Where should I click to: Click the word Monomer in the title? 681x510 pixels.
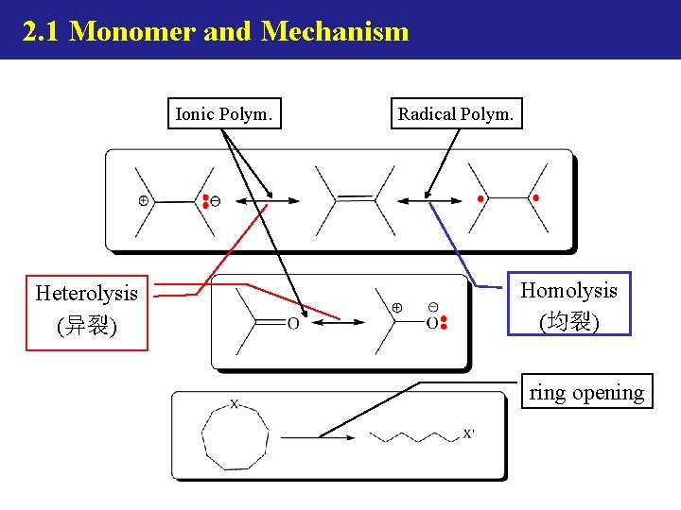pyautogui.click(x=131, y=31)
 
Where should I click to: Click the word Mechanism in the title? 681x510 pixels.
pyautogui.click(x=335, y=31)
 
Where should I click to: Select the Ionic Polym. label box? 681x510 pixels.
pyautogui.click(x=224, y=114)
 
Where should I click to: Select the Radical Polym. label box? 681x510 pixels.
pyautogui.click(x=456, y=114)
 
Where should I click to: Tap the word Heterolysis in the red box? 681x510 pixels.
pyautogui.click(x=86, y=293)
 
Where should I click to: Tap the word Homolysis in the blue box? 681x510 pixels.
pyautogui.click(x=568, y=291)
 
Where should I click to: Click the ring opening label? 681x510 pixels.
pyautogui.click(x=586, y=392)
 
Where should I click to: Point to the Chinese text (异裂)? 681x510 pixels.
pyautogui.click(x=86, y=327)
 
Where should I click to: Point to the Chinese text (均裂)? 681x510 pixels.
pyautogui.click(x=568, y=322)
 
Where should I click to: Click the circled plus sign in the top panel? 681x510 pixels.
pyautogui.click(x=143, y=200)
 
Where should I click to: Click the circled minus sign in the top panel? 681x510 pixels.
pyautogui.click(x=216, y=200)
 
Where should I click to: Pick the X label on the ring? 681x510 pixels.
pyautogui.click(x=235, y=404)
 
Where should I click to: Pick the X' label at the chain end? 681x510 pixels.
pyautogui.click(x=469, y=434)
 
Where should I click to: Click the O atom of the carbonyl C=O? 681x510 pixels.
pyautogui.click(x=292, y=324)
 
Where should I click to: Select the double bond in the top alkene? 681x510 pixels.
pyautogui.click(x=355, y=197)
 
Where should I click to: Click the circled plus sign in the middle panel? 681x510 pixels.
pyautogui.click(x=397, y=307)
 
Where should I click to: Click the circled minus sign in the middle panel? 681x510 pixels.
pyautogui.click(x=432, y=307)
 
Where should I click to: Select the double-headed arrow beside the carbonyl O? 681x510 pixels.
pyautogui.click(x=338, y=323)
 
